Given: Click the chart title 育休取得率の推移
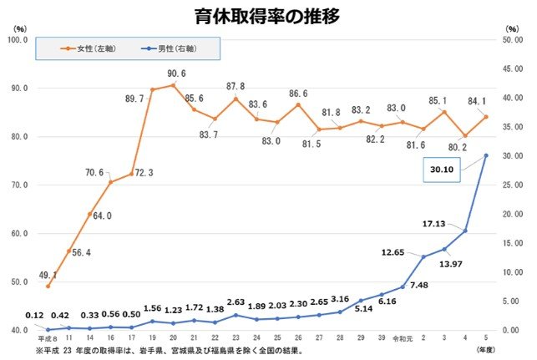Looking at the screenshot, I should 268,16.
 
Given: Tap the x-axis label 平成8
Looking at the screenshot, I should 47,339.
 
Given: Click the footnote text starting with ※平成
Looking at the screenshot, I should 175,351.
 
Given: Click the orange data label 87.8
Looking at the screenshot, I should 236,87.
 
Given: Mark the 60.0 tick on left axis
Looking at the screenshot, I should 18,233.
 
